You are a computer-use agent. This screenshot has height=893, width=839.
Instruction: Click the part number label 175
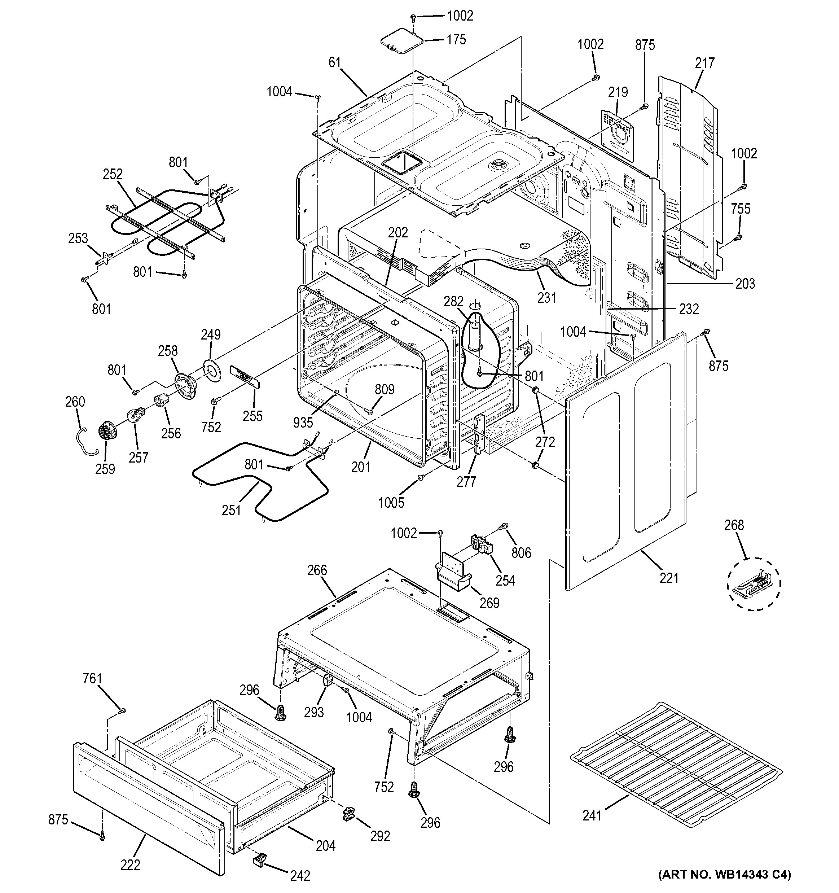[x=456, y=40]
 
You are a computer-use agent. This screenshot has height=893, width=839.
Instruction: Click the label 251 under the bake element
[x=231, y=510]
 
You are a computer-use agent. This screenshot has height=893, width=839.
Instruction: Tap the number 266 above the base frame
[x=317, y=570]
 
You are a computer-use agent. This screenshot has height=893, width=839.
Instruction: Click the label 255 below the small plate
[x=252, y=416]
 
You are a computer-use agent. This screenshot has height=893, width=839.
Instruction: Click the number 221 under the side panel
[x=669, y=578]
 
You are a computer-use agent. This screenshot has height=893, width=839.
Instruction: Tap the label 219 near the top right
[x=618, y=92]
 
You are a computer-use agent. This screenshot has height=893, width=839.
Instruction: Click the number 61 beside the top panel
[x=335, y=62]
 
